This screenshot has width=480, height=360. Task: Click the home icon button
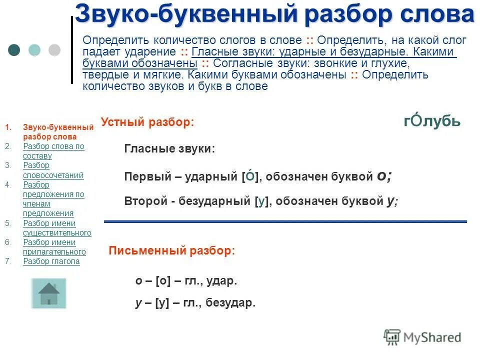[48, 293]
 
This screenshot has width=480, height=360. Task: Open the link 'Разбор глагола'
[51, 261]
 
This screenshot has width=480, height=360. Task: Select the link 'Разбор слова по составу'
[53, 151]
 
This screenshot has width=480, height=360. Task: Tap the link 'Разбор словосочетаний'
[53, 170]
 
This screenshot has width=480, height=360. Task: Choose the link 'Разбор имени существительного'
[57, 228]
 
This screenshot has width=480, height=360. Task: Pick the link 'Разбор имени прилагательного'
[54, 247]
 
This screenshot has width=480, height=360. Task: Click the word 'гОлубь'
[432, 121]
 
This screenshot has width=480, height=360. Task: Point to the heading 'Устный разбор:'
[147, 122]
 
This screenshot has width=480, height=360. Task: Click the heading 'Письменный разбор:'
[171, 251]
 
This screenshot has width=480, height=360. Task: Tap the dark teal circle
[14, 50]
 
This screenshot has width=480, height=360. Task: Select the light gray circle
[54, 50]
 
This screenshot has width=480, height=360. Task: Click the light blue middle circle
[34, 50]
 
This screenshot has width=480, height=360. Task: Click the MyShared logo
[422, 337]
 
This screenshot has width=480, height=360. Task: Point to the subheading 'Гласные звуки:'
[169, 148]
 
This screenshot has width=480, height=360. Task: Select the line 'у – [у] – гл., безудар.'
[195, 302]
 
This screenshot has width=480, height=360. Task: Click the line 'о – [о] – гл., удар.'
[186, 281]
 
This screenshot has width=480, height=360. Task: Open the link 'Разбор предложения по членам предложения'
[53, 199]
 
